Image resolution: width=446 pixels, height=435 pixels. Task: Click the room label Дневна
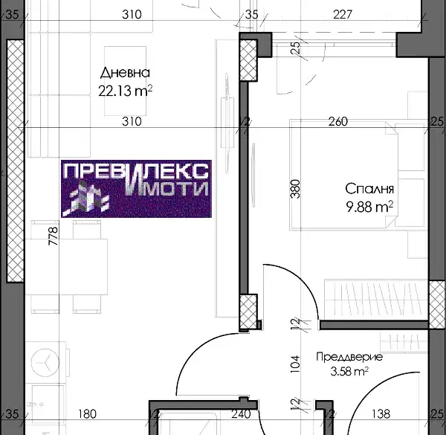(x=125, y=73)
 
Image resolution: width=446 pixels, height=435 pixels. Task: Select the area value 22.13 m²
(x=126, y=91)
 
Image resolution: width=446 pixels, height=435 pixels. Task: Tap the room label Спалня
(x=369, y=189)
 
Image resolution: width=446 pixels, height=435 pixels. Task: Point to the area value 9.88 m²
(x=369, y=207)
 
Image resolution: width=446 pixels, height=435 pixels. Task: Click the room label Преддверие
(x=349, y=357)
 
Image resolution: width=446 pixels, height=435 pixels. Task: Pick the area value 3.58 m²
(x=349, y=371)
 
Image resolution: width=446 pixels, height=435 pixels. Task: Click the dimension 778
(x=54, y=236)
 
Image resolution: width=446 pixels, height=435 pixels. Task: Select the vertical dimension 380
(x=295, y=189)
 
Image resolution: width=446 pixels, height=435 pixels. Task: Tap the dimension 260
(x=338, y=121)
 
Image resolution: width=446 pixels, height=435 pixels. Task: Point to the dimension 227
(x=343, y=14)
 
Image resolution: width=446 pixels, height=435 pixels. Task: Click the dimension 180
(x=87, y=414)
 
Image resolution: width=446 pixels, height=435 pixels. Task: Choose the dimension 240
(x=241, y=414)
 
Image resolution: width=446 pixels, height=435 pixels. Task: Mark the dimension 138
(x=381, y=414)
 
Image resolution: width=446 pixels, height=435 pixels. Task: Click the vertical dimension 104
(x=295, y=364)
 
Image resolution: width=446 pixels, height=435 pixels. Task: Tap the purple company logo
(x=136, y=189)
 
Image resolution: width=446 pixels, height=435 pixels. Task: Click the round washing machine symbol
(x=45, y=362)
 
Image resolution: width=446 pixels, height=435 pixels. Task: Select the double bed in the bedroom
(x=343, y=175)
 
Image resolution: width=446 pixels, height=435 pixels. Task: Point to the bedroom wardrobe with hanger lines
(x=376, y=300)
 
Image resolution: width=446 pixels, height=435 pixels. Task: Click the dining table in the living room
(x=66, y=267)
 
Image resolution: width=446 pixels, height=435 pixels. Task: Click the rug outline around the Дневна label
(x=105, y=81)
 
